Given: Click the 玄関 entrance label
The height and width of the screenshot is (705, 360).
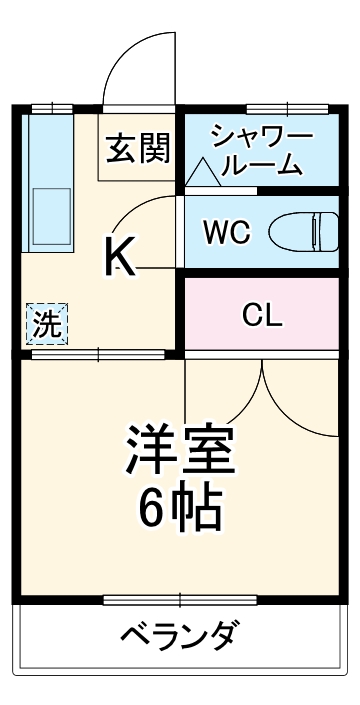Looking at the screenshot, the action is pos(139,149).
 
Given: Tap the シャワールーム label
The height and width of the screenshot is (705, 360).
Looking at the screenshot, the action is pos(261,150).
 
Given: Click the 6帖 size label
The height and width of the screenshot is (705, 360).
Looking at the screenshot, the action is pos(180,511).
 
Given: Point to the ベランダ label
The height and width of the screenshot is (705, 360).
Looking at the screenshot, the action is pos(181,635).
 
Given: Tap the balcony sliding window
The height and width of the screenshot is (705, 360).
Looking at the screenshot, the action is pos(180,600).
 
